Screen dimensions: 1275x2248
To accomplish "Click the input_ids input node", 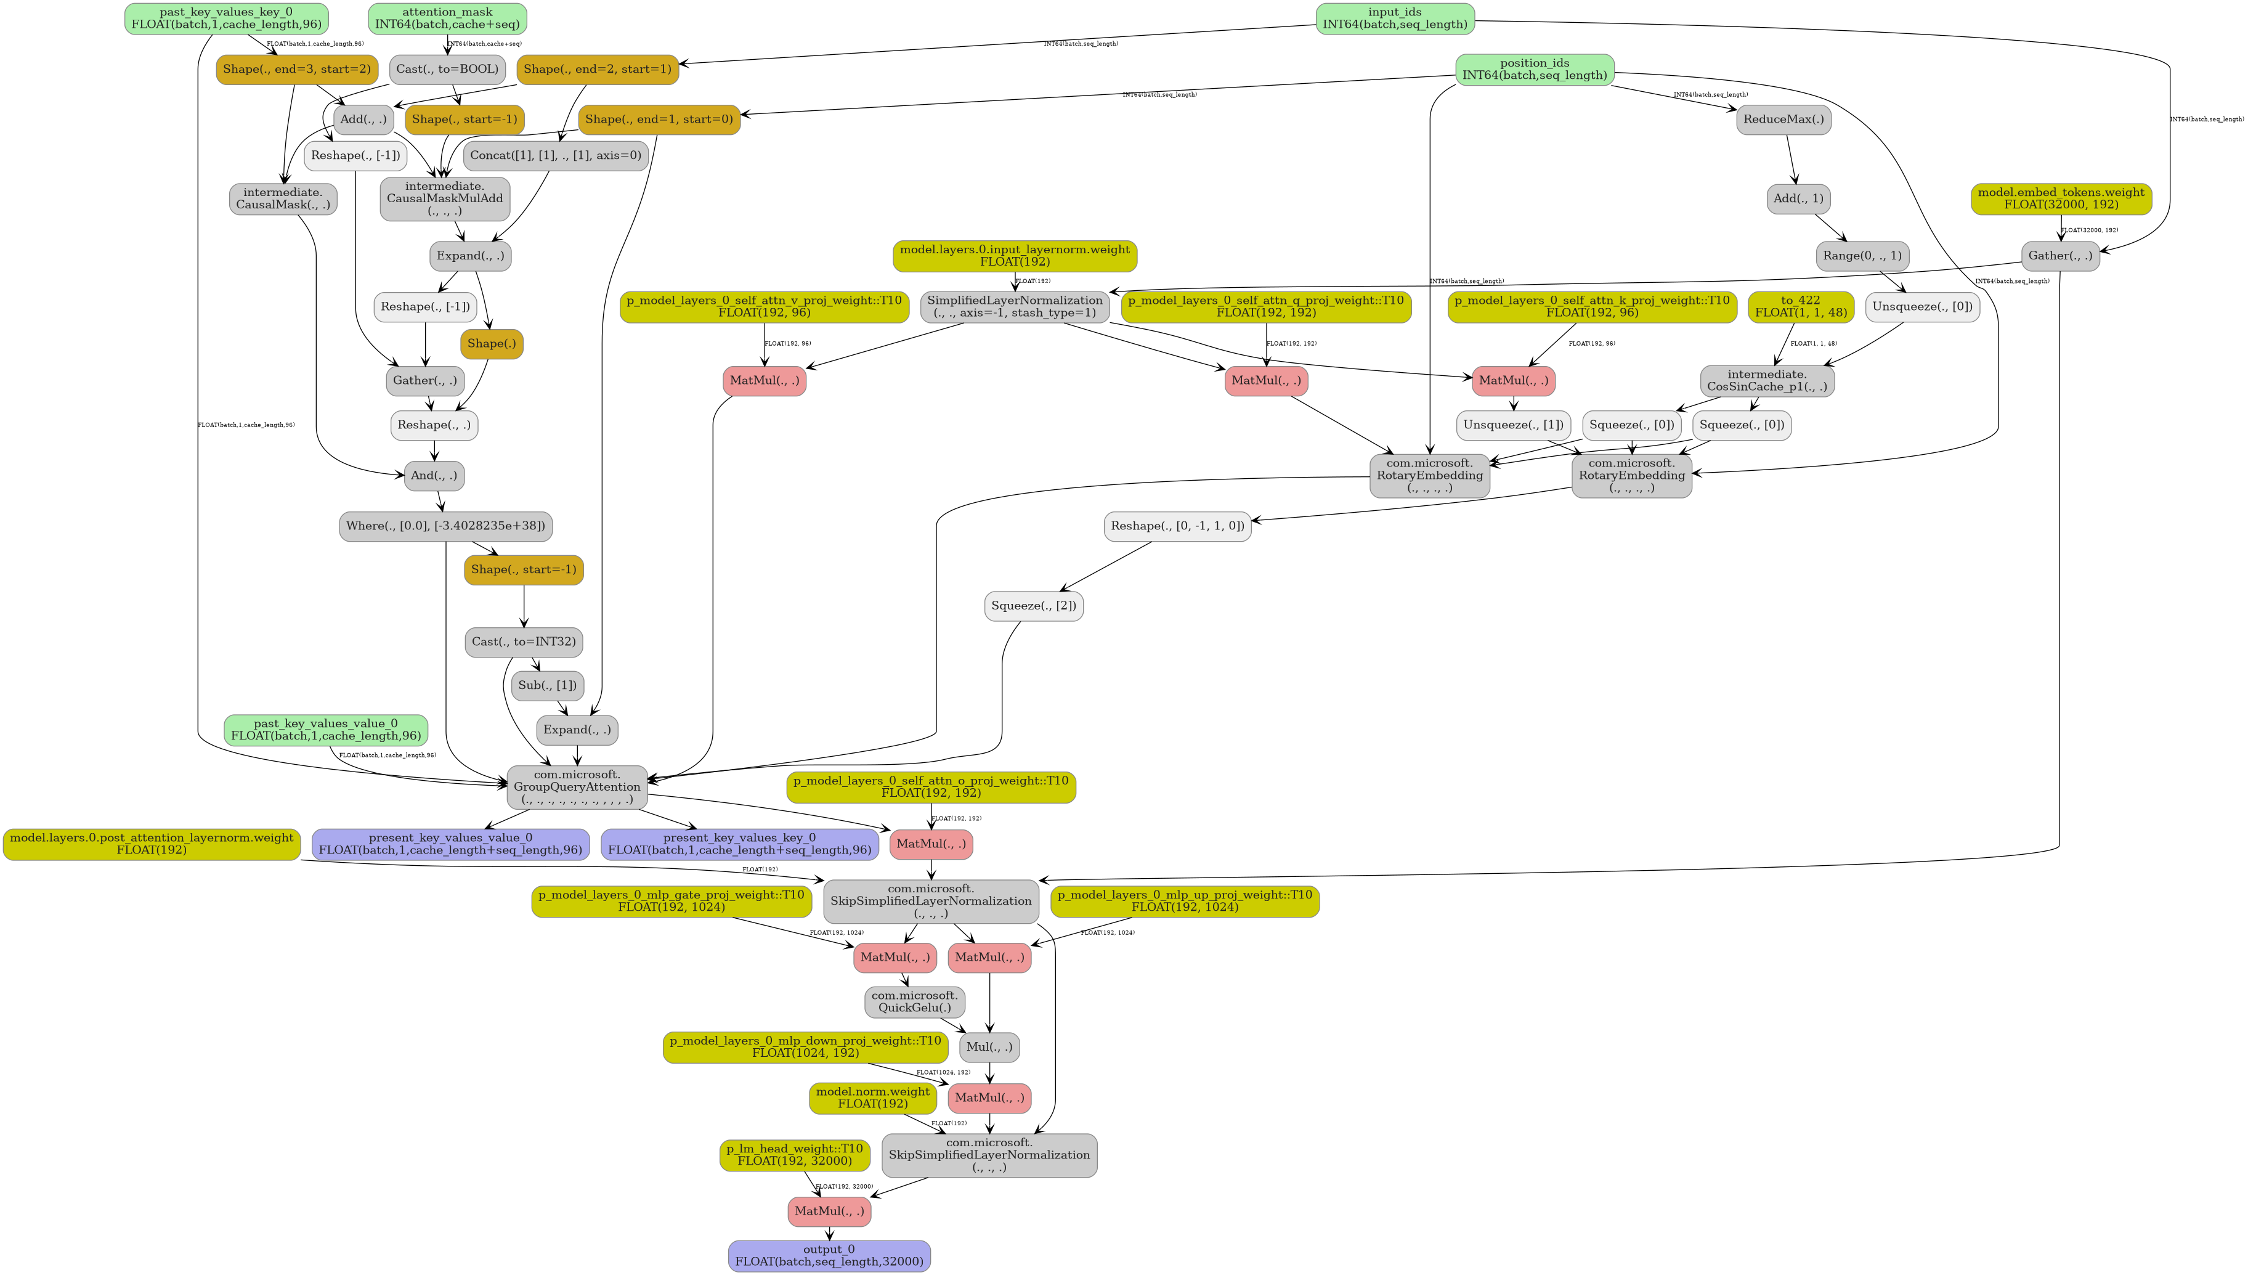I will pos(1395,18).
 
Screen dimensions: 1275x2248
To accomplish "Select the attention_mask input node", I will pos(447,18).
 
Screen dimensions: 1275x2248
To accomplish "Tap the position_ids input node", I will pos(1534,69).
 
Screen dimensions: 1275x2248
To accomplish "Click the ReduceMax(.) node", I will pos(1783,119).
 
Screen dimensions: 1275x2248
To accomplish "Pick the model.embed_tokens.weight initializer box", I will pos(2061,199).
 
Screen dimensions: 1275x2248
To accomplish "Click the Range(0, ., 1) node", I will pos(1862,256).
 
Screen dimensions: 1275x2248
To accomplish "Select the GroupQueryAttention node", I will pos(577,786).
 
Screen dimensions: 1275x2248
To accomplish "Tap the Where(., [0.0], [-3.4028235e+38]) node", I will pos(445,526).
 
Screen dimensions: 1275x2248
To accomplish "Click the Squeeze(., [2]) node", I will pos(1033,605).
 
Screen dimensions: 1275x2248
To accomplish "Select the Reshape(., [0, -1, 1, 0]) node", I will pos(1177,526).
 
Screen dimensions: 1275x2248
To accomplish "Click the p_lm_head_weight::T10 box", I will pos(794,1154).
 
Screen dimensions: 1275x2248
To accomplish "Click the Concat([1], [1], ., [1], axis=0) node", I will pos(555,155).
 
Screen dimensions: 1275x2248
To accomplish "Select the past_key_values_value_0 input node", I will pos(326,730).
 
